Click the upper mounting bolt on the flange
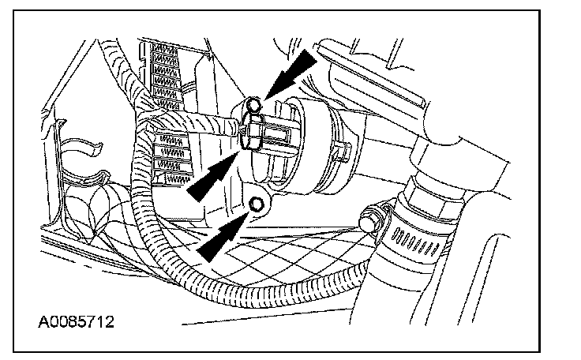tap(253, 103)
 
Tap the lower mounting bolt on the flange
tap(256, 205)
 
